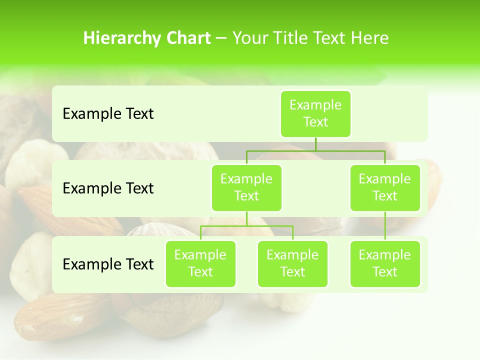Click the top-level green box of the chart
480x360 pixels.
(x=315, y=114)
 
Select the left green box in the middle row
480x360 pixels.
(x=246, y=188)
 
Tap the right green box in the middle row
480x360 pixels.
(x=385, y=188)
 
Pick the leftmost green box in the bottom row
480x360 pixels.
(x=200, y=264)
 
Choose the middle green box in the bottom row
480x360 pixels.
(x=292, y=264)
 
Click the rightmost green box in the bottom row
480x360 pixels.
(x=385, y=264)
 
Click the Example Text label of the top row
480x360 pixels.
(x=108, y=114)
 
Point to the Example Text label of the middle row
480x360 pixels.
(x=108, y=188)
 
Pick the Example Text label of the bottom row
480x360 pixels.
(x=108, y=264)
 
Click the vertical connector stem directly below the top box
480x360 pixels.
(x=315, y=144)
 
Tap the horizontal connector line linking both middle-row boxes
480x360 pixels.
(x=315, y=150)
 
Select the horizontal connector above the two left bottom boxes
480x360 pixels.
(x=246, y=226)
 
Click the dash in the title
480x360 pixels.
(x=221, y=38)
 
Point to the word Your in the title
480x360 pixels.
(x=249, y=38)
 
